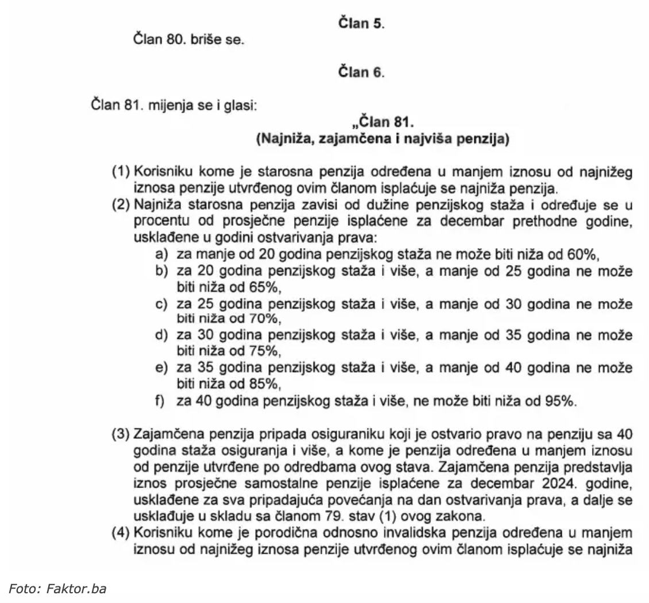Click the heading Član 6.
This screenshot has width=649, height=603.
(x=361, y=72)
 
